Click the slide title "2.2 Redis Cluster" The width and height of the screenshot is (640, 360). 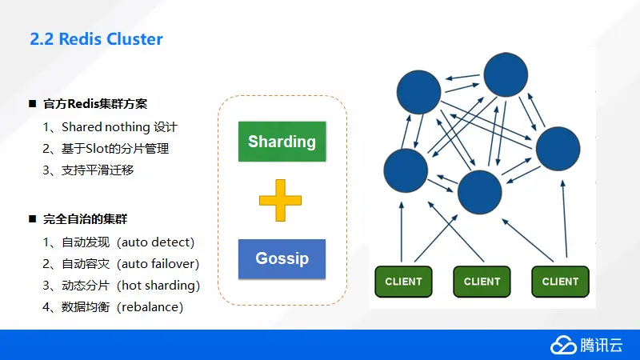(96, 39)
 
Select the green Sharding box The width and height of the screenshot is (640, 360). (282, 142)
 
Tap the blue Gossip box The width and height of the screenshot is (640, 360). (282, 258)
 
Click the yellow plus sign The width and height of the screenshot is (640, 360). (281, 201)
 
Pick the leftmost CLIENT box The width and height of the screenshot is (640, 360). (403, 282)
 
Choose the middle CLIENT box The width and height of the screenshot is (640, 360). (482, 282)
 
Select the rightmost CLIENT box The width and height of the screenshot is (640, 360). (560, 282)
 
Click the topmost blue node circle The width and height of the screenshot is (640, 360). (506, 74)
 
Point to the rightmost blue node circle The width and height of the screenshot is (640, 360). (558, 149)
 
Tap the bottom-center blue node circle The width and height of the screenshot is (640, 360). (479, 192)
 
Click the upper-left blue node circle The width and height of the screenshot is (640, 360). (418, 92)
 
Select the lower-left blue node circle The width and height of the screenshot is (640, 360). (406, 170)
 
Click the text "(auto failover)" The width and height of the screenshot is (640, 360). (158, 264)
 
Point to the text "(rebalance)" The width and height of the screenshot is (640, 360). (150, 307)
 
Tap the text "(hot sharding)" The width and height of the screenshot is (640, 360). (158, 286)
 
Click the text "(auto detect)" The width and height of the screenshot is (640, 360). (155, 242)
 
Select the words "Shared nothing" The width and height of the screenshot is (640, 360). (106, 127)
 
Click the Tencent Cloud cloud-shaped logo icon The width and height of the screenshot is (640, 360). (563, 346)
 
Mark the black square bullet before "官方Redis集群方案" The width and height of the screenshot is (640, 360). (33, 104)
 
